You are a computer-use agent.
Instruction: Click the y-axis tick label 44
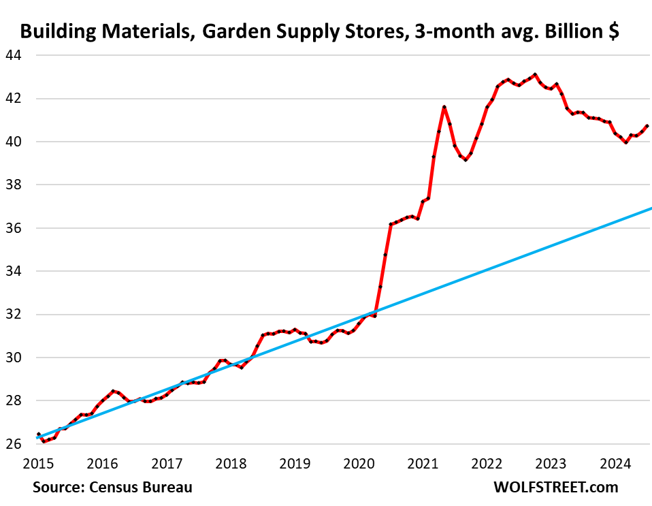tap(14, 55)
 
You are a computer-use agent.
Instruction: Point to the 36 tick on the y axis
tap(14, 228)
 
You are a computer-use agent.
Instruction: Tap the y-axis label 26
tap(14, 444)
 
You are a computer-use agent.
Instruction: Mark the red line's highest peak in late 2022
tap(534, 74)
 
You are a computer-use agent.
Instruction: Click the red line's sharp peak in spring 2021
tap(444, 107)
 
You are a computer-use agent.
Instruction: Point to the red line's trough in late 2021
tap(466, 159)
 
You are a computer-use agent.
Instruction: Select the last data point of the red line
tap(647, 126)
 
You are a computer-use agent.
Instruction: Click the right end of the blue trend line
tap(651, 208)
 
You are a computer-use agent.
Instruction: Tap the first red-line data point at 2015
tap(38, 434)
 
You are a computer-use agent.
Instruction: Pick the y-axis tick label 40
tap(14, 142)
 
